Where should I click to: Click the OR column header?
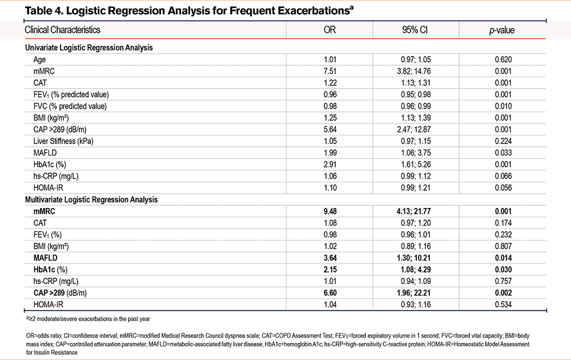pos(329,30)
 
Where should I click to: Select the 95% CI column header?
pos(415,30)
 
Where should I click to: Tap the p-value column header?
pos(502,30)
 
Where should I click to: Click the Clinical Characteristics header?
pos(62,30)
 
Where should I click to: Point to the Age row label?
pos(40,59)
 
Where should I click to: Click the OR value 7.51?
pos(330,71)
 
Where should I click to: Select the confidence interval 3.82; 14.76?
pos(414,71)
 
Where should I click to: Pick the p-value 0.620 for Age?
pos(503,59)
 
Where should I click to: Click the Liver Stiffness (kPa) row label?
pos(63,141)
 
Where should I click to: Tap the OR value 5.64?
pos(330,129)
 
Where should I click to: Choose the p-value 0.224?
pos(503,141)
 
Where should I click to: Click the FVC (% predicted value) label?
pos(70,106)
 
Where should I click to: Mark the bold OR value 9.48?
pos(330,211)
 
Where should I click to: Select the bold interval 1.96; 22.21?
pos(414,293)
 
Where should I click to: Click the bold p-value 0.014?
pos(503,258)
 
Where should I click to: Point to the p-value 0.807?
pos(503,246)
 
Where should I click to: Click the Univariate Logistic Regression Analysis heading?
pos(89,48)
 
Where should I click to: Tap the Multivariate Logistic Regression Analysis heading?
pos(91,199)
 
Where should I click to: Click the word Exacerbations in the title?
pos(314,11)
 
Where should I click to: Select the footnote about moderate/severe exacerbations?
pos(88,319)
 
